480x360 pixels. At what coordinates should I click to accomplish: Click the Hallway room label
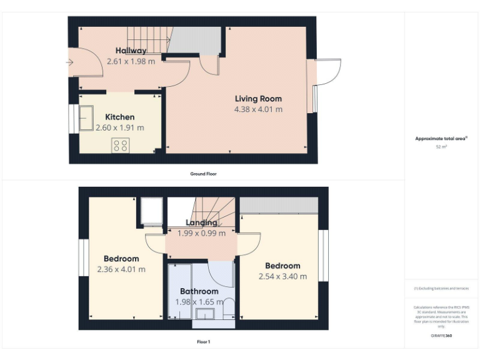click(x=131, y=51)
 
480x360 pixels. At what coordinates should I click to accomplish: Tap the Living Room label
click(x=258, y=99)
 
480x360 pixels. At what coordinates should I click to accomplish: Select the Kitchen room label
click(x=119, y=117)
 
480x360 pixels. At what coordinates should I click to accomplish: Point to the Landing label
click(x=202, y=222)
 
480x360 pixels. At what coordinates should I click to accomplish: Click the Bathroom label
click(x=199, y=291)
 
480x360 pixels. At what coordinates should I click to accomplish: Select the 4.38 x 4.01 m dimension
click(x=258, y=109)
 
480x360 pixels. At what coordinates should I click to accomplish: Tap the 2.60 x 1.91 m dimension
click(x=119, y=127)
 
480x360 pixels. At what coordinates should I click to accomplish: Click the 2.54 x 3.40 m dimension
click(x=282, y=276)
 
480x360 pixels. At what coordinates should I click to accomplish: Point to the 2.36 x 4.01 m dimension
click(x=121, y=269)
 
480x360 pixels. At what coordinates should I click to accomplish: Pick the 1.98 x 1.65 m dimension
click(x=199, y=302)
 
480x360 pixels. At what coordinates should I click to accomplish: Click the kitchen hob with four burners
click(x=120, y=146)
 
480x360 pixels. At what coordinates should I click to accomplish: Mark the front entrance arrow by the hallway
click(x=68, y=62)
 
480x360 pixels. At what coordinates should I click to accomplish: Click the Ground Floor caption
click(x=203, y=174)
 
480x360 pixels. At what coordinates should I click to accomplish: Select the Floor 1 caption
click(x=203, y=342)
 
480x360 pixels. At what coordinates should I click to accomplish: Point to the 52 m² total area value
click(x=441, y=147)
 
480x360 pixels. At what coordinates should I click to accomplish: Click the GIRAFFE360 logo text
click(x=441, y=336)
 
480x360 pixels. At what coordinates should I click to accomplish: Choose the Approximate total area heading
click(x=441, y=138)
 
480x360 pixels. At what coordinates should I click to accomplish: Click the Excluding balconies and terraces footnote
click(x=441, y=288)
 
